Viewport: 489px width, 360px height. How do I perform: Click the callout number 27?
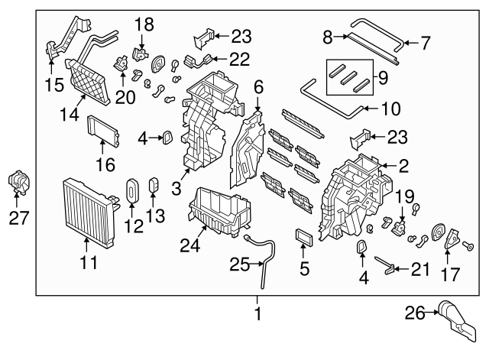[18, 218]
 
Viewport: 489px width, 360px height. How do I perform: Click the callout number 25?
[240, 264]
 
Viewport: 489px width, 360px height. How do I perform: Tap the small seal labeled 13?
[153, 186]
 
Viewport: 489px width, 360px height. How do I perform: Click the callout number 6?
[258, 88]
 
